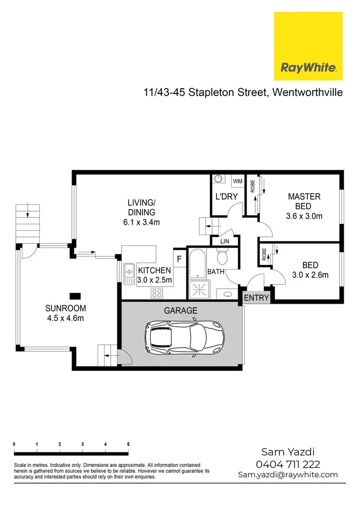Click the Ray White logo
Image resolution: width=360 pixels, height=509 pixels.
pos(308,46)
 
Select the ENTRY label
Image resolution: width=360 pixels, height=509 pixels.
pos(256,298)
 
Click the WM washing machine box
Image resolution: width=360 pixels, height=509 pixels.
pos(237,181)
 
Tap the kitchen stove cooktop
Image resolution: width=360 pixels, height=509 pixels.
pos(156,292)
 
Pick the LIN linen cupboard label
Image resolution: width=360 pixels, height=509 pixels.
pos(225,242)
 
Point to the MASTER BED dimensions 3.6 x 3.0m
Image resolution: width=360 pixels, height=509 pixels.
pos(304,216)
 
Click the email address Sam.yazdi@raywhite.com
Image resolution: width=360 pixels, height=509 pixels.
pos(288,474)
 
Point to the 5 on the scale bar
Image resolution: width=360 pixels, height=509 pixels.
pos(128,445)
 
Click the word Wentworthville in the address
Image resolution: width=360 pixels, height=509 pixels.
pos(308,92)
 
